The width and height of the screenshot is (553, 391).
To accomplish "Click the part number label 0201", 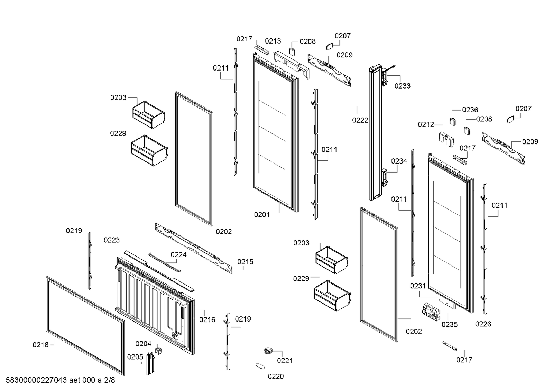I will coord(261,215).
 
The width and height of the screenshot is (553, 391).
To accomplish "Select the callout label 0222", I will coord(360,120).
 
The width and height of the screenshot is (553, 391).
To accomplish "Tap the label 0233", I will coord(402,86).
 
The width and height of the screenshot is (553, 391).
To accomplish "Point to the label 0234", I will coord(399,161).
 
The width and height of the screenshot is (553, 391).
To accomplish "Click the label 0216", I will coord(207,320).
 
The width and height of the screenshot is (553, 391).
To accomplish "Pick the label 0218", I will coord(40,344).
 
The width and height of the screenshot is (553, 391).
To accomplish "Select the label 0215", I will coord(245,262).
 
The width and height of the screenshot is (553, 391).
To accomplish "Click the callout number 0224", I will coord(178,255).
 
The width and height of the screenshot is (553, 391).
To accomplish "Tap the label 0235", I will coord(449,324).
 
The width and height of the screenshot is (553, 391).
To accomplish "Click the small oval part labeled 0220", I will coord(260,366).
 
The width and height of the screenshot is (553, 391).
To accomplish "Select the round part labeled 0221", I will coord(267,351).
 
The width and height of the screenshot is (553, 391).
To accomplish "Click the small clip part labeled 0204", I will coord(160,351).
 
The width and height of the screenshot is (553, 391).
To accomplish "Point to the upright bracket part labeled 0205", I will coord(150,363).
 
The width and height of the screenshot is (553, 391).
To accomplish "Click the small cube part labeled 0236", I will coord(453,121).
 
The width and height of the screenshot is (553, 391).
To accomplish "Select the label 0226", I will coord(483,324).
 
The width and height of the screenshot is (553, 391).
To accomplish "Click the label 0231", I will coord(418,286).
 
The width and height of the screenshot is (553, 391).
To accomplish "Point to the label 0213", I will coord(273,41).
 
